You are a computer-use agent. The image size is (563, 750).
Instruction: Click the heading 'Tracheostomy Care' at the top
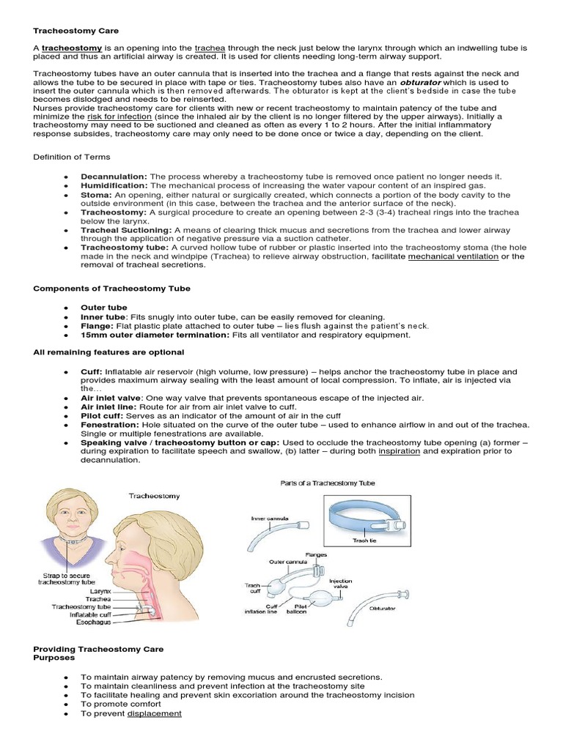[76, 31]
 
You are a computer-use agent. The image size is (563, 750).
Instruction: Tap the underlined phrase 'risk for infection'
[119, 116]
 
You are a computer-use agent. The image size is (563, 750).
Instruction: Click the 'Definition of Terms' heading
[72, 157]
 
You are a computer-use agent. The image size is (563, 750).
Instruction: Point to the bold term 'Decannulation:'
[114, 177]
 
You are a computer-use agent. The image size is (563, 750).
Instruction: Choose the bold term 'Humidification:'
[114, 186]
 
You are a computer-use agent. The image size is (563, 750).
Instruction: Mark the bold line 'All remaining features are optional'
[107, 352]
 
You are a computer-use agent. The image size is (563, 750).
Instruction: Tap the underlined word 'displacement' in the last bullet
[154, 713]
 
